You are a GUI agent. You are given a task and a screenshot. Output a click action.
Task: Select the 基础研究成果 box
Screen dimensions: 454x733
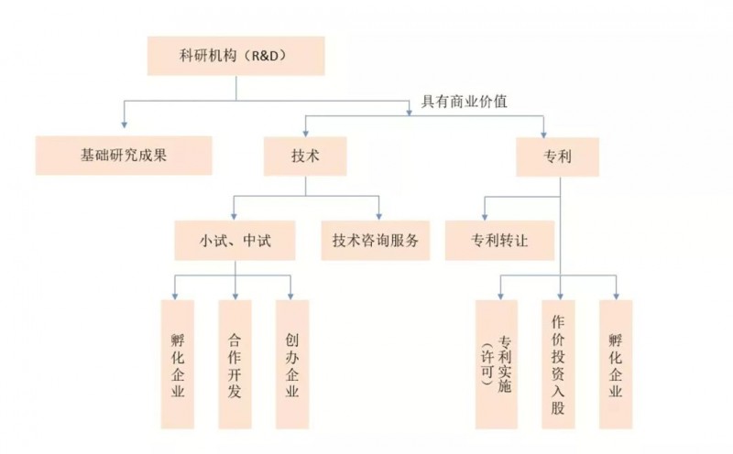124,156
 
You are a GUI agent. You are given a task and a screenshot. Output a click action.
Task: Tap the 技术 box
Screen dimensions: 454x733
305,157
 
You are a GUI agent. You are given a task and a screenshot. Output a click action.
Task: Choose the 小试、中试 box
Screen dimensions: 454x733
235,241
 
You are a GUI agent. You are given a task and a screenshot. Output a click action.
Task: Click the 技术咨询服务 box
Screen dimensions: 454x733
376,241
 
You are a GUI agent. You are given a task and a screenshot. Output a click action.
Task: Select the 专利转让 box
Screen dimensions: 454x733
500,241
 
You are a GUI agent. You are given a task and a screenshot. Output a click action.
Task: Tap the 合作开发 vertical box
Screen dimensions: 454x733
235,364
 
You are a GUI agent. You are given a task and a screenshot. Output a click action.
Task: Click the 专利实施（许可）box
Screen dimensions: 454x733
498,364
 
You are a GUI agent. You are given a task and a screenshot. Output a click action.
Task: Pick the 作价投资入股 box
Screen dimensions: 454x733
558,364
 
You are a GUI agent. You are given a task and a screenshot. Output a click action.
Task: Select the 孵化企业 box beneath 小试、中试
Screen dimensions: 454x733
178,364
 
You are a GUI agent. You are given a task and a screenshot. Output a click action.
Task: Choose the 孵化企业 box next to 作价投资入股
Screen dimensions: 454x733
616,364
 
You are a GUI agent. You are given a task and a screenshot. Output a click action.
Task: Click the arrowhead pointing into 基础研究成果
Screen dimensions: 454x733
124,131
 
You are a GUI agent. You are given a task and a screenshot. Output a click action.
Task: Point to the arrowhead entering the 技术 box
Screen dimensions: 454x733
305,133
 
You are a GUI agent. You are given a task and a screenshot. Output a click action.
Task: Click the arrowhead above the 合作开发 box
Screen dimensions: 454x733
235,295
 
